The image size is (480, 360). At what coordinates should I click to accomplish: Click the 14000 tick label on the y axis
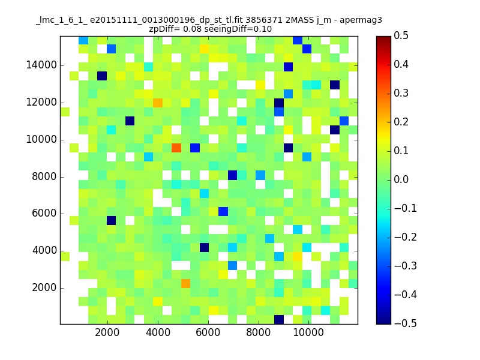pos(41,65)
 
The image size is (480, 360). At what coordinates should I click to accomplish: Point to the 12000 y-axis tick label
pos(41,102)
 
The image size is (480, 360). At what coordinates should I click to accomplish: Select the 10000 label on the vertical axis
pos(41,140)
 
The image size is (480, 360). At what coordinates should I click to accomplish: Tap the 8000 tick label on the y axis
pos(44,176)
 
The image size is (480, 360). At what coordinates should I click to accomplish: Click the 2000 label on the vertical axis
pos(44,288)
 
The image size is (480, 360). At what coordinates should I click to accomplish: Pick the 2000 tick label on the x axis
pos(107,332)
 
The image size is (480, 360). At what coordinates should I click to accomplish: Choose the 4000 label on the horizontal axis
pos(158,332)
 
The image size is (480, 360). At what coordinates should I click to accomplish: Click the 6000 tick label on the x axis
pos(208,332)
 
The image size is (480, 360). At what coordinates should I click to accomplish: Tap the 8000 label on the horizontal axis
pos(259,332)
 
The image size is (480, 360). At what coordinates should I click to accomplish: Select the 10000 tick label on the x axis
pos(308,332)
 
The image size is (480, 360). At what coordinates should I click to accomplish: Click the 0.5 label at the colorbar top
pos(401,35)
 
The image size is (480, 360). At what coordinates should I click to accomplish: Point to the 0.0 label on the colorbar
pos(401,179)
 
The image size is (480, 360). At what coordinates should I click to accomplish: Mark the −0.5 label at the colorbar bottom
pos(406,323)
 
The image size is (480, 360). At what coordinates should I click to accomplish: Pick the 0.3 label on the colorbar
pos(401,93)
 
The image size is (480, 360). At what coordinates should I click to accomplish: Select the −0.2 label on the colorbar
pos(406,237)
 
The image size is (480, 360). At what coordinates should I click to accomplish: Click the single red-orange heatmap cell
pos(176,148)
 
